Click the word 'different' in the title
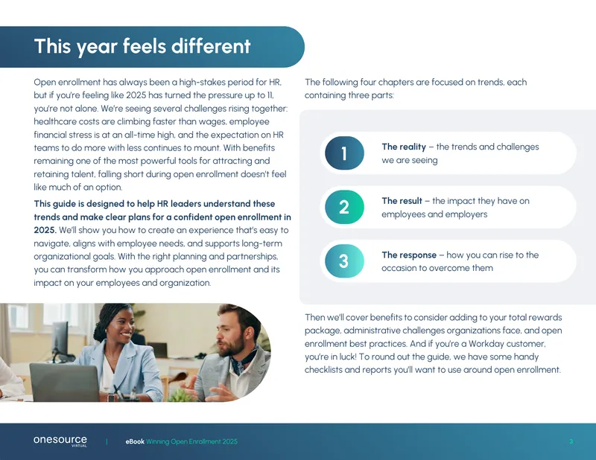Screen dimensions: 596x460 (x=211, y=46)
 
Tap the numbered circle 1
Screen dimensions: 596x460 (x=344, y=153)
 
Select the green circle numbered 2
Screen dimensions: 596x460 (x=344, y=207)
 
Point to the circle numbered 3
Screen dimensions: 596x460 (x=344, y=261)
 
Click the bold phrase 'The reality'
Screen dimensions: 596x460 (x=404, y=147)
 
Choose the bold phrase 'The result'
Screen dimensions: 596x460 (x=402, y=201)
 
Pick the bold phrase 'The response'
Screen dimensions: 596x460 (x=409, y=255)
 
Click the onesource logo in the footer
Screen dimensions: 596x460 (x=60, y=441)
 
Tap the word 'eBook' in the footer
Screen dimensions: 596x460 (x=135, y=441)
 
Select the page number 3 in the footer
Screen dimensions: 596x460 (x=571, y=441)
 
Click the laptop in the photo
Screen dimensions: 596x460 (x=65, y=382)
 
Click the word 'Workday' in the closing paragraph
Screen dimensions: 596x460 (x=486, y=344)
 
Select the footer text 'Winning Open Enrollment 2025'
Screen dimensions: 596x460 (x=192, y=441)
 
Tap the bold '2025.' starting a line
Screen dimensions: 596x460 (x=45, y=230)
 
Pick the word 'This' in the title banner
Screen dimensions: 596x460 (x=52, y=46)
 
